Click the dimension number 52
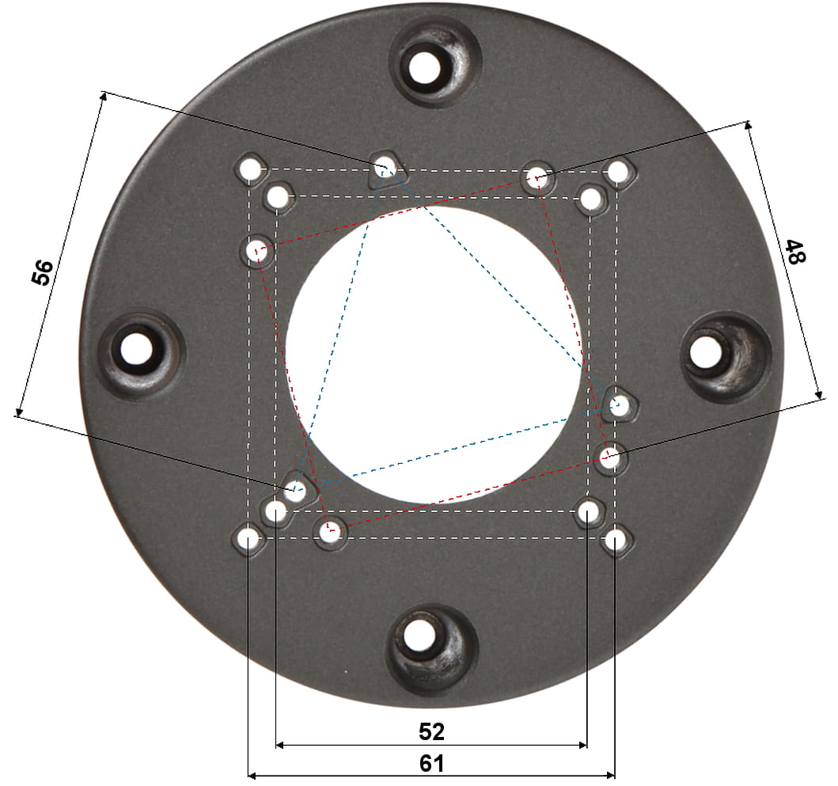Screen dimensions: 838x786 tap(431, 731)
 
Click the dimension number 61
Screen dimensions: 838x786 tap(431, 764)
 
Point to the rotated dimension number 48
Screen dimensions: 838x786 tap(794, 252)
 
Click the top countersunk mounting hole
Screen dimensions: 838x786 tap(426, 68)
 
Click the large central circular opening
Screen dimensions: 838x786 tap(434, 355)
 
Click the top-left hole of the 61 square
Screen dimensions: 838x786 tap(249, 169)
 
